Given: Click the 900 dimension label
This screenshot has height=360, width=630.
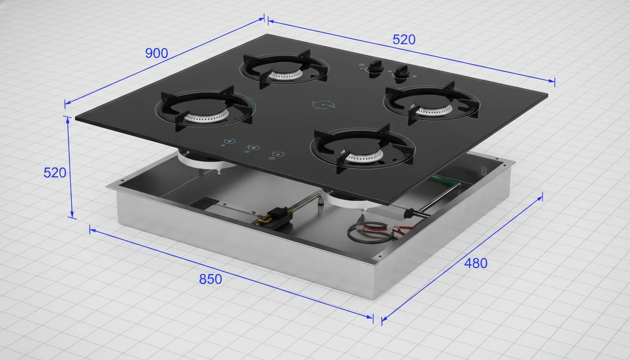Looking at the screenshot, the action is pos(157,53).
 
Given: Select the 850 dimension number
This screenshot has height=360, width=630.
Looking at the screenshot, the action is pos(210,279).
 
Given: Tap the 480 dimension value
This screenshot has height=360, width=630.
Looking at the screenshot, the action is pos(476,263).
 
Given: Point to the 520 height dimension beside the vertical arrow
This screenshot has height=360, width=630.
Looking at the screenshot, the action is pos(55,172).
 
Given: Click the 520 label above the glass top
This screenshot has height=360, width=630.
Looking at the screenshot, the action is pos(404,40).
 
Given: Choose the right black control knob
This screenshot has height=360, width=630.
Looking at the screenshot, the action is pos(401,74).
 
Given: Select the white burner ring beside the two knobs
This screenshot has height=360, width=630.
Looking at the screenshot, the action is pos(434,110).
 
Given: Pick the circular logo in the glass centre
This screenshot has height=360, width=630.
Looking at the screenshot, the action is pos(324,105).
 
